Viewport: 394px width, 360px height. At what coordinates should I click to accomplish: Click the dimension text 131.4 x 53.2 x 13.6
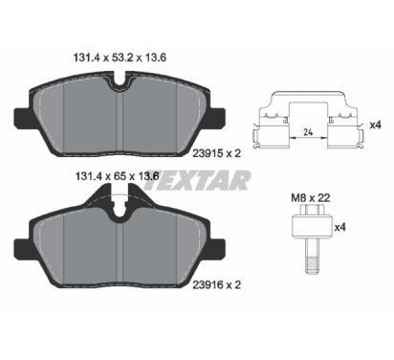click(x=120, y=57)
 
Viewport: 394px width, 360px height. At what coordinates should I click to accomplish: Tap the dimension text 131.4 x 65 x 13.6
click(x=117, y=176)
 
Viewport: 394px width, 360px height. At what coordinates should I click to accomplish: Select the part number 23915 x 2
click(x=217, y=154)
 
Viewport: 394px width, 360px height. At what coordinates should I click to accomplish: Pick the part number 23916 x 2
click(x=217, y=284)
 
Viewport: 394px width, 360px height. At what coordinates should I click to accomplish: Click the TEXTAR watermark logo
click(x=197, y=180)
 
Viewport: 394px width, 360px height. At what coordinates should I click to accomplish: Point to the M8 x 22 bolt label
click(x=311, y=198)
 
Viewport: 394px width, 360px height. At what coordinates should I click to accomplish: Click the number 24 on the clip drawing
click(x=308, y=132)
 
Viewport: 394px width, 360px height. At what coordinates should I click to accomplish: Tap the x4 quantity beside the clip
click(x=375, y=125)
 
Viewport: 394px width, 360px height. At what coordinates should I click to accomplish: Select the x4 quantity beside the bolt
click(x=339, y=228)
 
